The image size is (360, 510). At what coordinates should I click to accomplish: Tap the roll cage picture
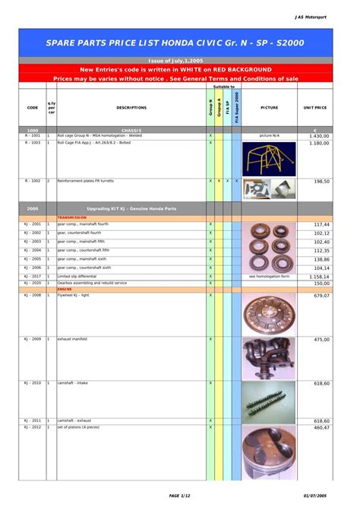coord(268,158)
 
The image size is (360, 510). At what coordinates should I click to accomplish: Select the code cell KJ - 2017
coord(32,277)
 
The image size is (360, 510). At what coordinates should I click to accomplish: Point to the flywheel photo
coord(269,313)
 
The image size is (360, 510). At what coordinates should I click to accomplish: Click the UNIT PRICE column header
coord(314,108)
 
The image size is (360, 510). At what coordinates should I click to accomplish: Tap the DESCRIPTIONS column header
coord(131,108)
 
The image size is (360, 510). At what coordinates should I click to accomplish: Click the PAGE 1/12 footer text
coord(180,496)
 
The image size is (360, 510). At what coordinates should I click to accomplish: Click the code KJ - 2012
coord(32,427)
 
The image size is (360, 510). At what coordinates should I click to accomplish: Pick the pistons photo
coord(269,452)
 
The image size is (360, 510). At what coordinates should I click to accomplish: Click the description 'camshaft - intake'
coord(73,383)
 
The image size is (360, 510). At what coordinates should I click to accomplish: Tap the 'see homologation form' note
coord(269,277)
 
